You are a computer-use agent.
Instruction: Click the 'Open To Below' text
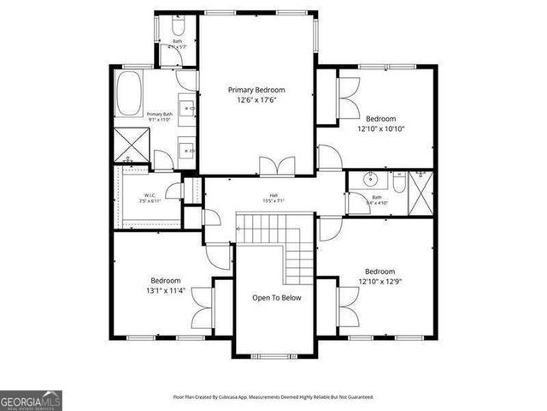pyautogui.click(x=273, y=298)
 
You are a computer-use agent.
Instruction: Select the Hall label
pyautogui.click(x=273, y=195)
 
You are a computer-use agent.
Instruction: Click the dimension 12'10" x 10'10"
pyautogui.click(x=380, y=128)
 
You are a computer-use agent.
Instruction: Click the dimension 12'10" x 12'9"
pyautogui.click(x=380, y=280)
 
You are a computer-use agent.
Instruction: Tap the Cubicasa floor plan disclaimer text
pyautogui.click(x=273, y=397)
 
